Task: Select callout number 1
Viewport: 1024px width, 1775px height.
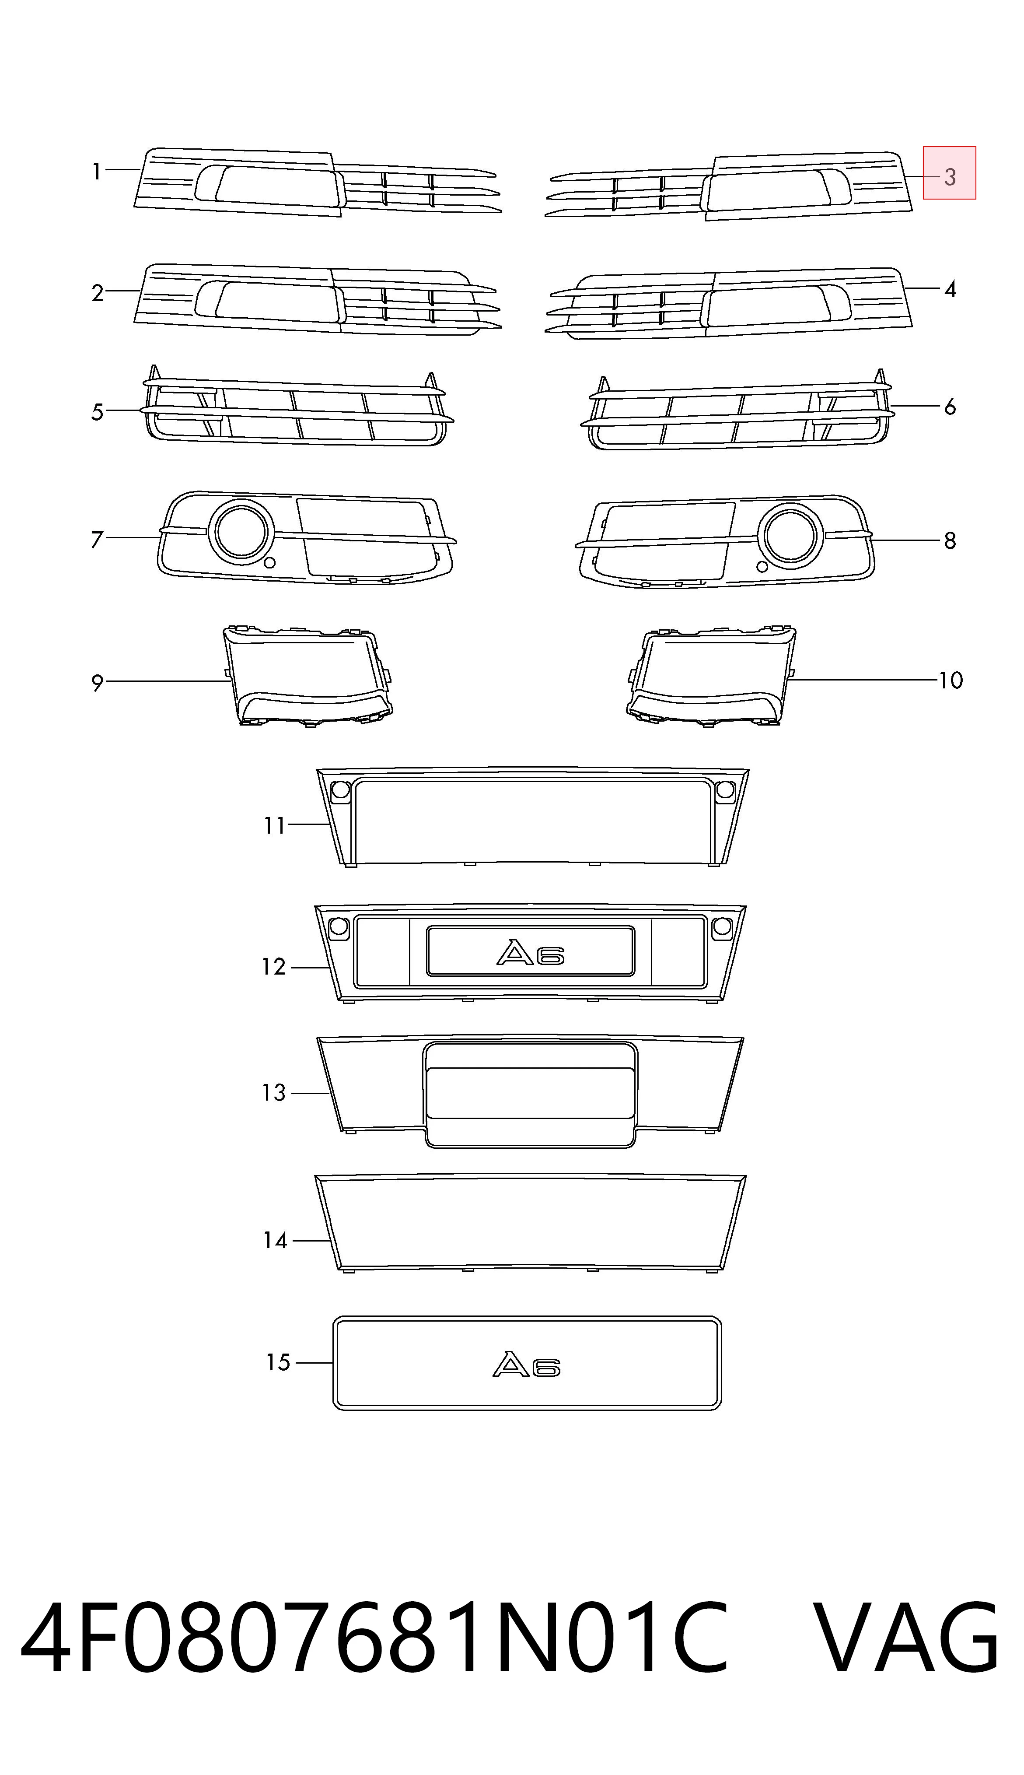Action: point(97,171)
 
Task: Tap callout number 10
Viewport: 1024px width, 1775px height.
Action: point(950,681)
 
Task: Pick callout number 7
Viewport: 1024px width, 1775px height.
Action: point(97,540)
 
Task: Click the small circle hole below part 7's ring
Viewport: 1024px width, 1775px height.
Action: point(269,563)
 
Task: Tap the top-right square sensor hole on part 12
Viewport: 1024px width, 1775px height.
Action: point(722,927)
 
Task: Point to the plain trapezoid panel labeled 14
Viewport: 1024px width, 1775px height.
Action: point(531,1224)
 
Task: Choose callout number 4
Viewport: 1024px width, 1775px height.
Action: point(950,289)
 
